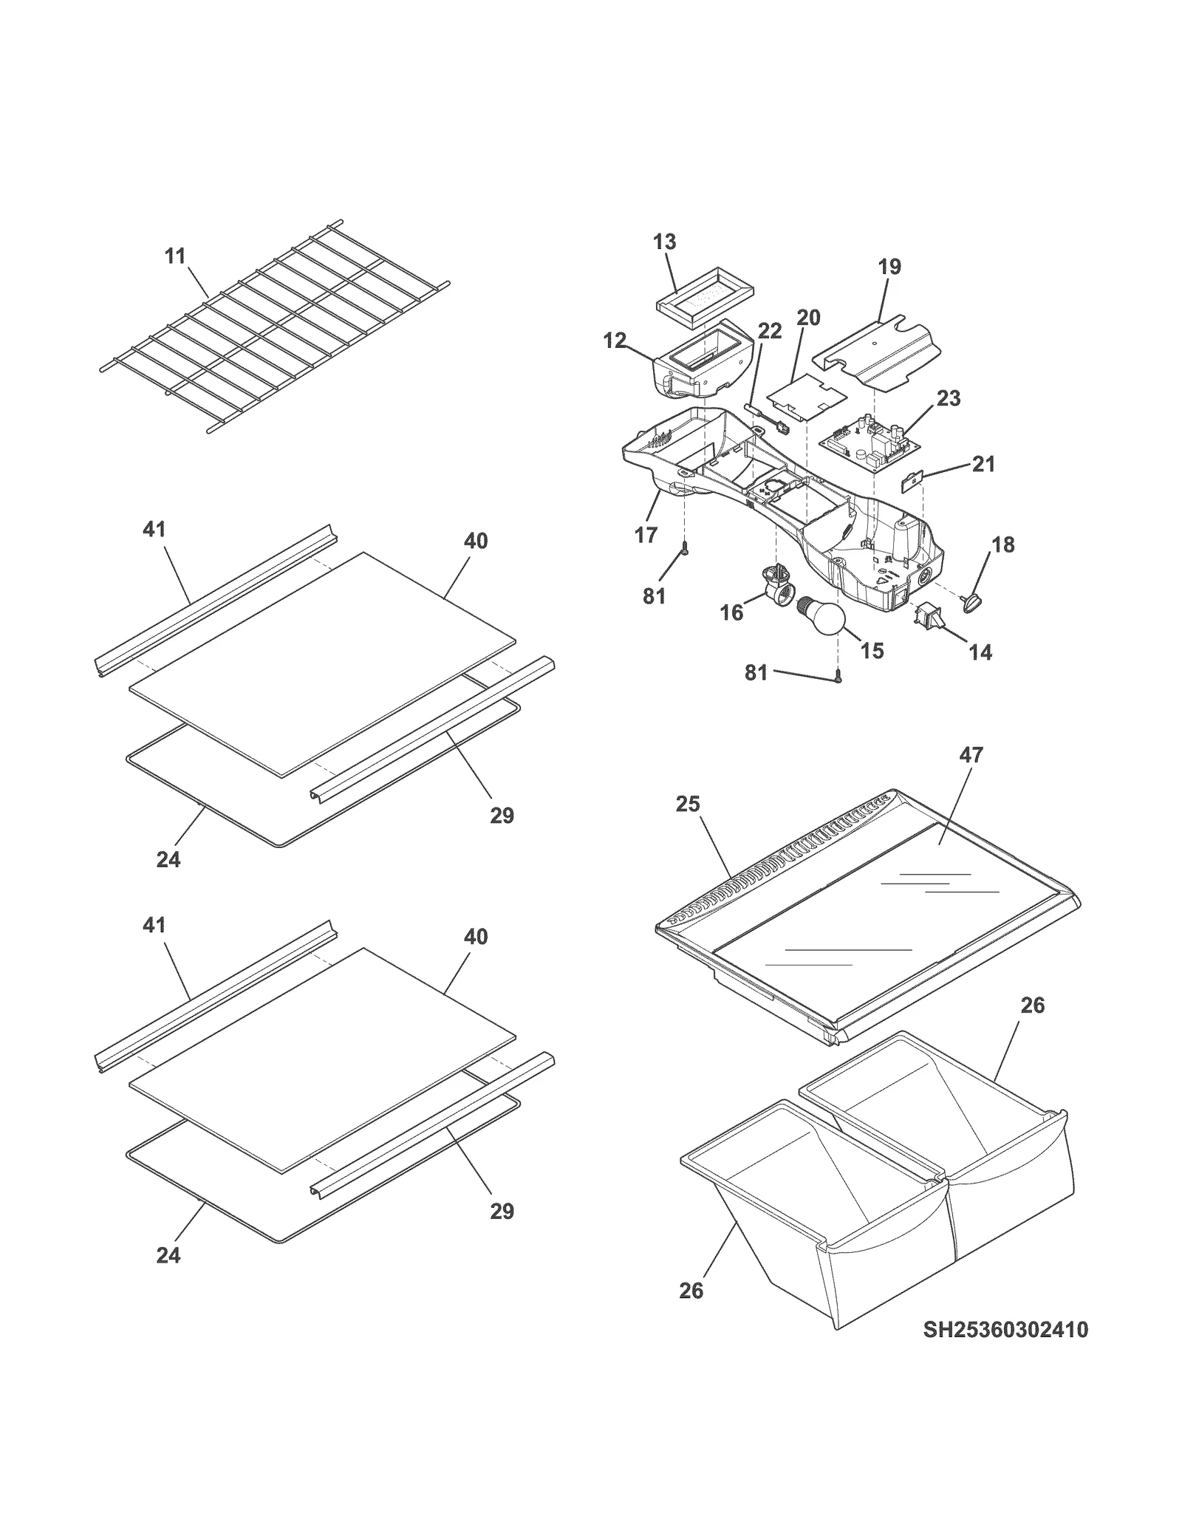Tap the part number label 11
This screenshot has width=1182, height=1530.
click(x=175, y=256)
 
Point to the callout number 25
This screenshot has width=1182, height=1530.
click(x=687, y=803)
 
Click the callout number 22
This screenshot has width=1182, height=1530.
click(x=770, y=331)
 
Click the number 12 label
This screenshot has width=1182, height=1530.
click(x=615, y=341)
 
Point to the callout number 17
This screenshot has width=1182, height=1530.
click(x=646, y=535)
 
